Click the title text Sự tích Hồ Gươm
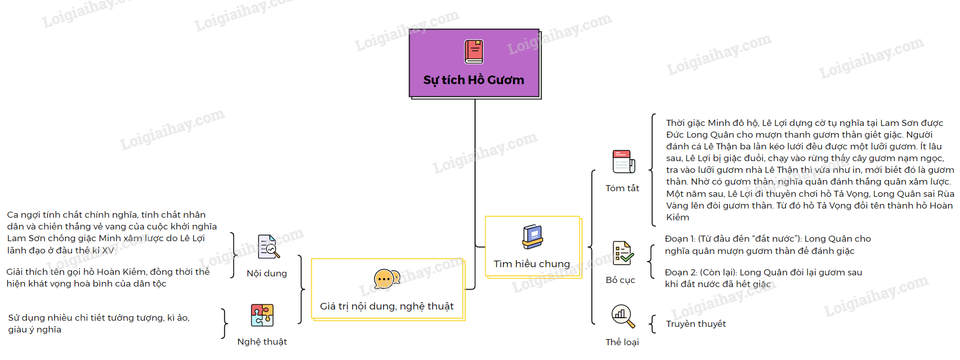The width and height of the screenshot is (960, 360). click(x=473, y=80)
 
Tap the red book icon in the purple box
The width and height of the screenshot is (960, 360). click(x=474, y=52)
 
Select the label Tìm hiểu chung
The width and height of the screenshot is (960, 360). click(x=532, y=264)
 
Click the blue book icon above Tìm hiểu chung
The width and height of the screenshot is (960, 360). click(x=533, y=237)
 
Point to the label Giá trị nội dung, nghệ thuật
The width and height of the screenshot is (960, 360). click(x=387, y=306)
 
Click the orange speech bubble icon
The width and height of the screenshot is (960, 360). click(x=386, y=279)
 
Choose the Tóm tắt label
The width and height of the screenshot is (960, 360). click(x=622, y=188)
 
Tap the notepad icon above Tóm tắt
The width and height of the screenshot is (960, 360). click(x=623, y=162)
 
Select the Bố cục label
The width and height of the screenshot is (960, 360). click(x=620, y=280)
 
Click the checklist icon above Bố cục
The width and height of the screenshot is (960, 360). click(x=623, y=253)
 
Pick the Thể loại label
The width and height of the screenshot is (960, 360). click(x=622, y=342)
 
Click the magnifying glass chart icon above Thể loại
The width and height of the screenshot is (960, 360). click(x=623, y=316)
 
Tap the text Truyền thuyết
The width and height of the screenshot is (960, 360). click(x=696, y=324)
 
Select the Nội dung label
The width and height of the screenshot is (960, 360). click(x=266, y=273)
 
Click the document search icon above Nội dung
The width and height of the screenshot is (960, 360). click(x=268, y=247)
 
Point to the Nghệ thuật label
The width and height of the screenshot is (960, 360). click(x=262, y=342)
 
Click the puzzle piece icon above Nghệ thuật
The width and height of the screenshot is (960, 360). click(x=262, y=315)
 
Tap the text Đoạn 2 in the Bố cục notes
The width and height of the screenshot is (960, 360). click(x=678, y=272)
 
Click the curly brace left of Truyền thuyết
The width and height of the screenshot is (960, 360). click(x=652, y=324)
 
